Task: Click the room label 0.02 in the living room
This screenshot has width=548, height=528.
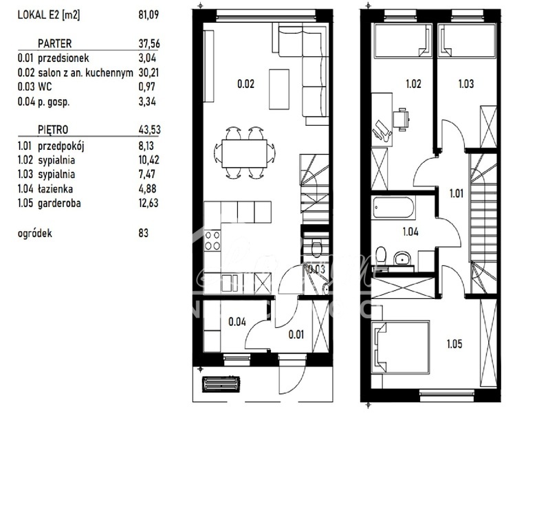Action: [x=245, y=85]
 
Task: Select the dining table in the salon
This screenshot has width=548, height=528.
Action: [x=245, y=150]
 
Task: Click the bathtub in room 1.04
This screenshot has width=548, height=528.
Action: [x=395, y=207]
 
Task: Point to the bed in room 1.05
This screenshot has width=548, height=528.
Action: [x=403, y=347]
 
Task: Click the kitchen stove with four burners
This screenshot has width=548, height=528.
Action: [x=213, y=240]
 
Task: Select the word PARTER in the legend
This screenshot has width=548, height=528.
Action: [x=54, y=43]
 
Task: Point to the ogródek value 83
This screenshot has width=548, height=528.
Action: [x=144, y=233]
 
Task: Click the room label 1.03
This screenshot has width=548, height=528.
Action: [x=468, y=85]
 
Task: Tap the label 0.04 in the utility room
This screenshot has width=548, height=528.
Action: [x=237, y=320]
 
